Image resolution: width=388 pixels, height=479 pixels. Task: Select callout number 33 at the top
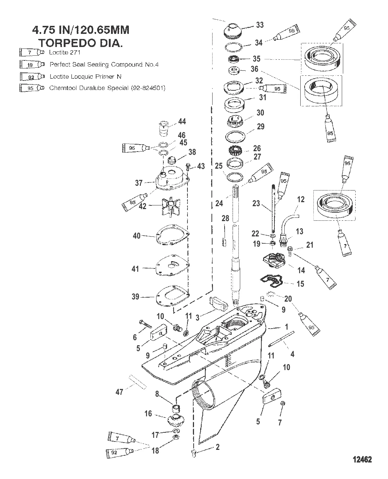click(x=260, y=25)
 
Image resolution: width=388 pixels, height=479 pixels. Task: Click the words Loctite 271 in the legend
click(x=65, y=52)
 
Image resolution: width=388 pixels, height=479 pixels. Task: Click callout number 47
click(x=119, y=392)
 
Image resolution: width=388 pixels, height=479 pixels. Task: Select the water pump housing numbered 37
click(x=171, y=180)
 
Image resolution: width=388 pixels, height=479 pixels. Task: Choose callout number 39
click(x=135, y=297)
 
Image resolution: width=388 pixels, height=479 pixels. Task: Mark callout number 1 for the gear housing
click(x=286, y=327)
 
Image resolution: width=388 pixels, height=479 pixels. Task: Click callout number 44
click(x=182, y=121)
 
